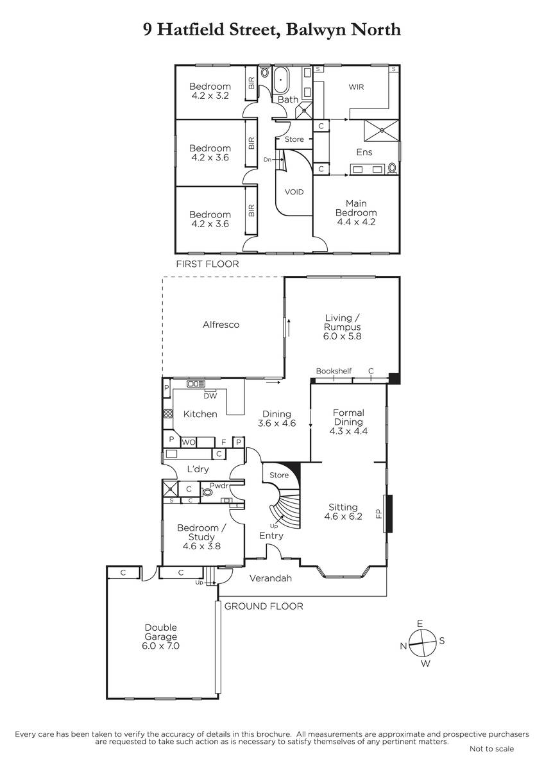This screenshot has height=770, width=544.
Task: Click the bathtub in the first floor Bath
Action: pos(281,80)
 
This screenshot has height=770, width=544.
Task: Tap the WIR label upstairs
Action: pos(356,87)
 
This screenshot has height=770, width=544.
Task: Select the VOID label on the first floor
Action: pos(294,192)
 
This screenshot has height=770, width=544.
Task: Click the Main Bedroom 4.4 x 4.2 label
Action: pos(356,212)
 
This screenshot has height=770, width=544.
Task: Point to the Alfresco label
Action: pos(221,325)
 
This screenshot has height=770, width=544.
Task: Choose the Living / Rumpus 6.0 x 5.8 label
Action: pos(343,327)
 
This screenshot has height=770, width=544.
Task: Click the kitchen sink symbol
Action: pos(196,383)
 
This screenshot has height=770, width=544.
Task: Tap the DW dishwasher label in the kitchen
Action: pos(210,396)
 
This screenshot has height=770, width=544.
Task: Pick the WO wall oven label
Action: pos(189,442)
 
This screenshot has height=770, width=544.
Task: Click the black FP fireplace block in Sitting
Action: pos(389,513)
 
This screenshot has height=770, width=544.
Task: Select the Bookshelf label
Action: pos(334,371)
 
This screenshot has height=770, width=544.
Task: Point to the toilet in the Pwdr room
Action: pos(207,492)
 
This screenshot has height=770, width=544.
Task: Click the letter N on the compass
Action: pos(404,646)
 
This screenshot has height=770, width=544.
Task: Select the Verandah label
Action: pos(271,578)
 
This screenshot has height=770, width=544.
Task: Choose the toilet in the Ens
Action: pos(391,168)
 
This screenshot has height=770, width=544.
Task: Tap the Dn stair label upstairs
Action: pos(268,160)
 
